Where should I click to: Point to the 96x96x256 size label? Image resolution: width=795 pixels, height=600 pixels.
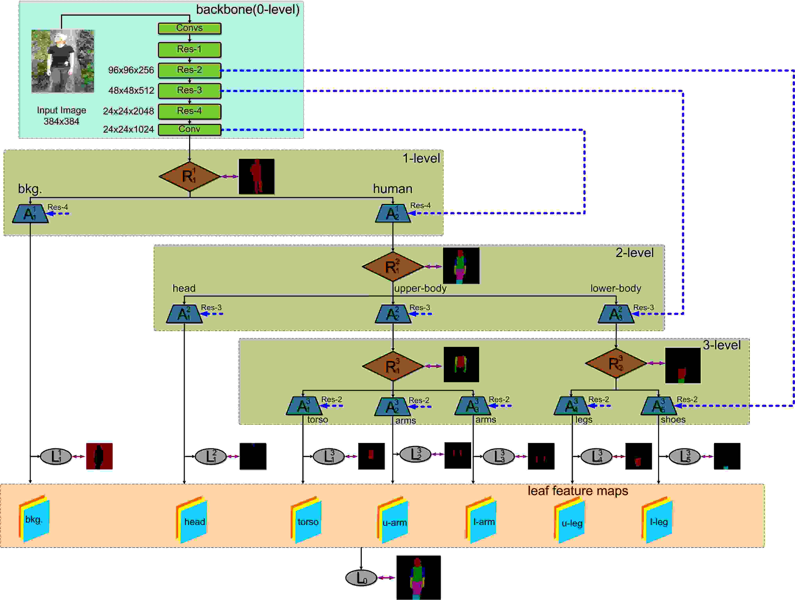pos(131,70)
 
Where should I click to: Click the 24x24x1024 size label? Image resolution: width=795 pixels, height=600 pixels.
pos(128,129)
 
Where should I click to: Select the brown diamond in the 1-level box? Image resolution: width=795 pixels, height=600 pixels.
pos(189,176)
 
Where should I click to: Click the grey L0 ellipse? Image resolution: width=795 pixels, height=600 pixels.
pos(361,578)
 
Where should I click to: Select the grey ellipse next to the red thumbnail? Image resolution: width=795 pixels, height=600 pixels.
pos(56,456)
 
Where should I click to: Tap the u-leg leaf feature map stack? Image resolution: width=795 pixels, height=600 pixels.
pos(570,520)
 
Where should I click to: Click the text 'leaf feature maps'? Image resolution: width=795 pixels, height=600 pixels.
pos(578,491)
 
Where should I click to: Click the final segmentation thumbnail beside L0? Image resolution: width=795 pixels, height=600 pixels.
pos(418,577)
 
